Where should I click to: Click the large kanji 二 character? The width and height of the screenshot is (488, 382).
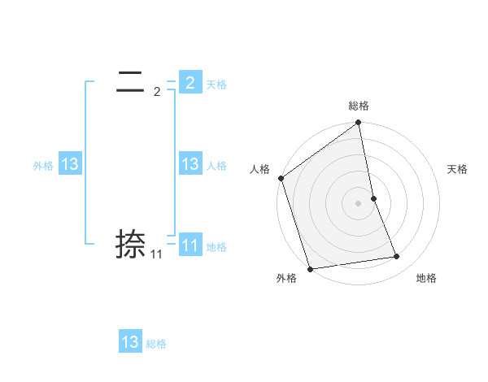131,82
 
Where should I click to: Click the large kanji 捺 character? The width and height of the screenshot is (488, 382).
131,244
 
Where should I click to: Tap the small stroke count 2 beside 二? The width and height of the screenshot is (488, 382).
157,92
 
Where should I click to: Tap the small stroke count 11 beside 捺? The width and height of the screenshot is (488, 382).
156,254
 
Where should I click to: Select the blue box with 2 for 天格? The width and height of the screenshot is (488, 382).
190,83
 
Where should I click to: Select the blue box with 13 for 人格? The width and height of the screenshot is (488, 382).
190,164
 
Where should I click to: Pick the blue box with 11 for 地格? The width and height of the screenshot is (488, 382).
190,245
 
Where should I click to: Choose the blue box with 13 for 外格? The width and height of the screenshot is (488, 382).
70,164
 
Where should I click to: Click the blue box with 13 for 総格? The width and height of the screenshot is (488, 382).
130,342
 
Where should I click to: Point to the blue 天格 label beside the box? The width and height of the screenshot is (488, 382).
216,85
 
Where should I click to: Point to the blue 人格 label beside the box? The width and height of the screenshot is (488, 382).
216,166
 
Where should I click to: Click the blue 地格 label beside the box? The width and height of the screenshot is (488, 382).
216,247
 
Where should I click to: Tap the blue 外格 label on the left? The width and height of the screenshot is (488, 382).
43,166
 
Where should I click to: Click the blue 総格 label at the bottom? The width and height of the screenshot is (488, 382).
156,344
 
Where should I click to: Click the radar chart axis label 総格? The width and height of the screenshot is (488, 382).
359,106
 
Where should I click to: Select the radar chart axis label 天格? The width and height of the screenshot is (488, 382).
458,169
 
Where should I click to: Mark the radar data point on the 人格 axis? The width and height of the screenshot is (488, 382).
281,178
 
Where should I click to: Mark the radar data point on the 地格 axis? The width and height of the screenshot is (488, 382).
397,257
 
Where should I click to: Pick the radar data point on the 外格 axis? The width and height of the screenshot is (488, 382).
310,269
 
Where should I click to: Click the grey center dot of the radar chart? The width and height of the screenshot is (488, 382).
359,202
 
